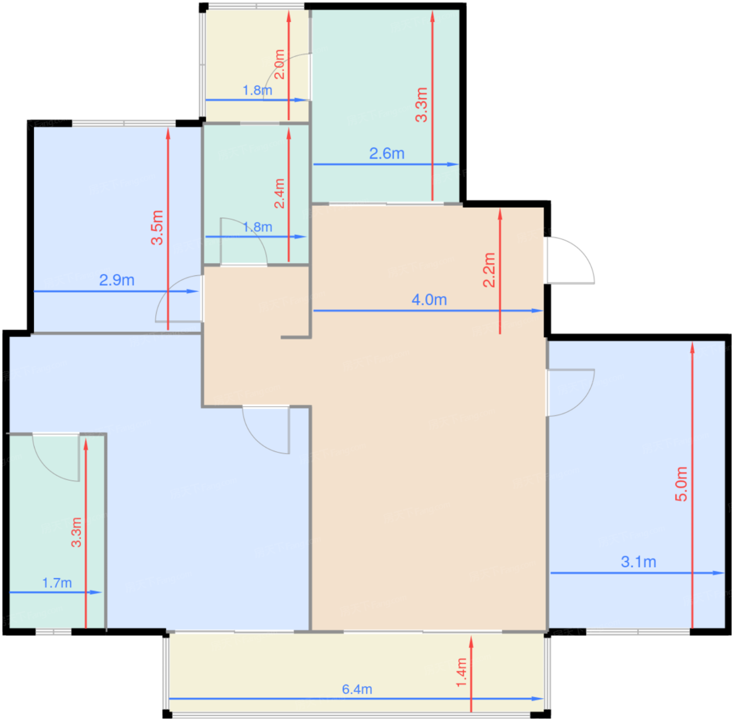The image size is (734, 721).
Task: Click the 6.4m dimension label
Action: [357, 689]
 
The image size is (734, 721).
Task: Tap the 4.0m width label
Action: [429, 300]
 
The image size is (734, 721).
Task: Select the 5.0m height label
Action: [681, 483]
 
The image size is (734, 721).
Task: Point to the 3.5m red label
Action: [157, 227]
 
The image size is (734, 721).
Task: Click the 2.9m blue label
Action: [116, 280]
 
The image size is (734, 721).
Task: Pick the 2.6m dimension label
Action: [386, 153]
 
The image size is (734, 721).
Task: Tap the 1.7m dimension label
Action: [57, 582]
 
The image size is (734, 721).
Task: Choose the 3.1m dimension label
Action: [639, 561]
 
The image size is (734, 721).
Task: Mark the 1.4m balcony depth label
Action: [461, 672]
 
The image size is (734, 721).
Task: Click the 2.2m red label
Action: [489, 270]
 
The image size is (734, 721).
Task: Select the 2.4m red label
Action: [279, 193]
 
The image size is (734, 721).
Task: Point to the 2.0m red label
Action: [279, 64]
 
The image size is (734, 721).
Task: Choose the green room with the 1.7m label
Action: [57, 532]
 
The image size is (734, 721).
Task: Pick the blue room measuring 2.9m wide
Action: [117, 229]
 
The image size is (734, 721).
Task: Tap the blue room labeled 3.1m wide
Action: [636, 484]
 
